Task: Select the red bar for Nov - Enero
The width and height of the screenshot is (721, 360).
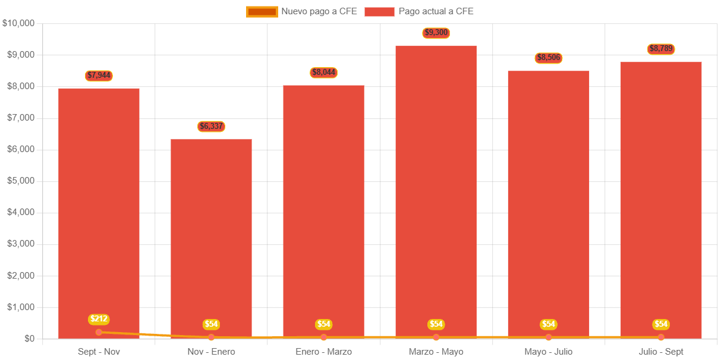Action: point(211,238)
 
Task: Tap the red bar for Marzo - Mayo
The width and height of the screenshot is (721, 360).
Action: point(436,190)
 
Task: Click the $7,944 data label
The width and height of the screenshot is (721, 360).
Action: point(99,75)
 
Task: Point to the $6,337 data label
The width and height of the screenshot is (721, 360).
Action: point(211,126)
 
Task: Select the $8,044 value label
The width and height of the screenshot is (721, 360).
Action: point(323,72)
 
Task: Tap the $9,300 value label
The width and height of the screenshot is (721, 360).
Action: point(436,33)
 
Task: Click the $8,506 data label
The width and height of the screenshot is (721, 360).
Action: point(548,58)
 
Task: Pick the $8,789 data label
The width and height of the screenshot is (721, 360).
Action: point(661,49)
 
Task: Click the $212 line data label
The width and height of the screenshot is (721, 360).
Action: point(99,319)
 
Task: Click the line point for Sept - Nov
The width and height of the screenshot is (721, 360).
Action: point(99,332)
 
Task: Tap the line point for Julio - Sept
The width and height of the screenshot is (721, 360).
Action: point(661,337)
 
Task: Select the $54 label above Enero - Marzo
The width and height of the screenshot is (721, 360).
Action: point(323,324)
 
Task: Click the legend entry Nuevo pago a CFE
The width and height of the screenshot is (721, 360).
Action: point(302,11)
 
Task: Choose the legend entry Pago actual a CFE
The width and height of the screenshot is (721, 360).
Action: point(419,11)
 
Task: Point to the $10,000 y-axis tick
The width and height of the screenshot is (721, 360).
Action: point(19,23)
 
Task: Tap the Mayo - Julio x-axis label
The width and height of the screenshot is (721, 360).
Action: point(548,352)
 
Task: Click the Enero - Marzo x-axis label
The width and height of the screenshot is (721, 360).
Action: point(323,352)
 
